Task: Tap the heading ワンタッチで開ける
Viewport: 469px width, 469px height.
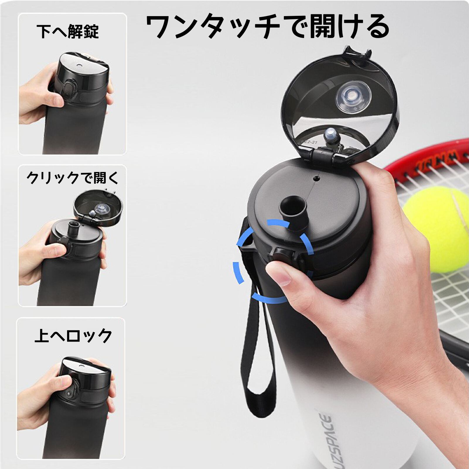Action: coord(267,27)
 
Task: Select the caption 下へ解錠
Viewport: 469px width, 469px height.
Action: coord(68,32)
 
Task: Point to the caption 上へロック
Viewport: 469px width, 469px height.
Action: coord(73,336)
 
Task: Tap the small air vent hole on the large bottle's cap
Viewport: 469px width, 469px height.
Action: coord(316,178)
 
